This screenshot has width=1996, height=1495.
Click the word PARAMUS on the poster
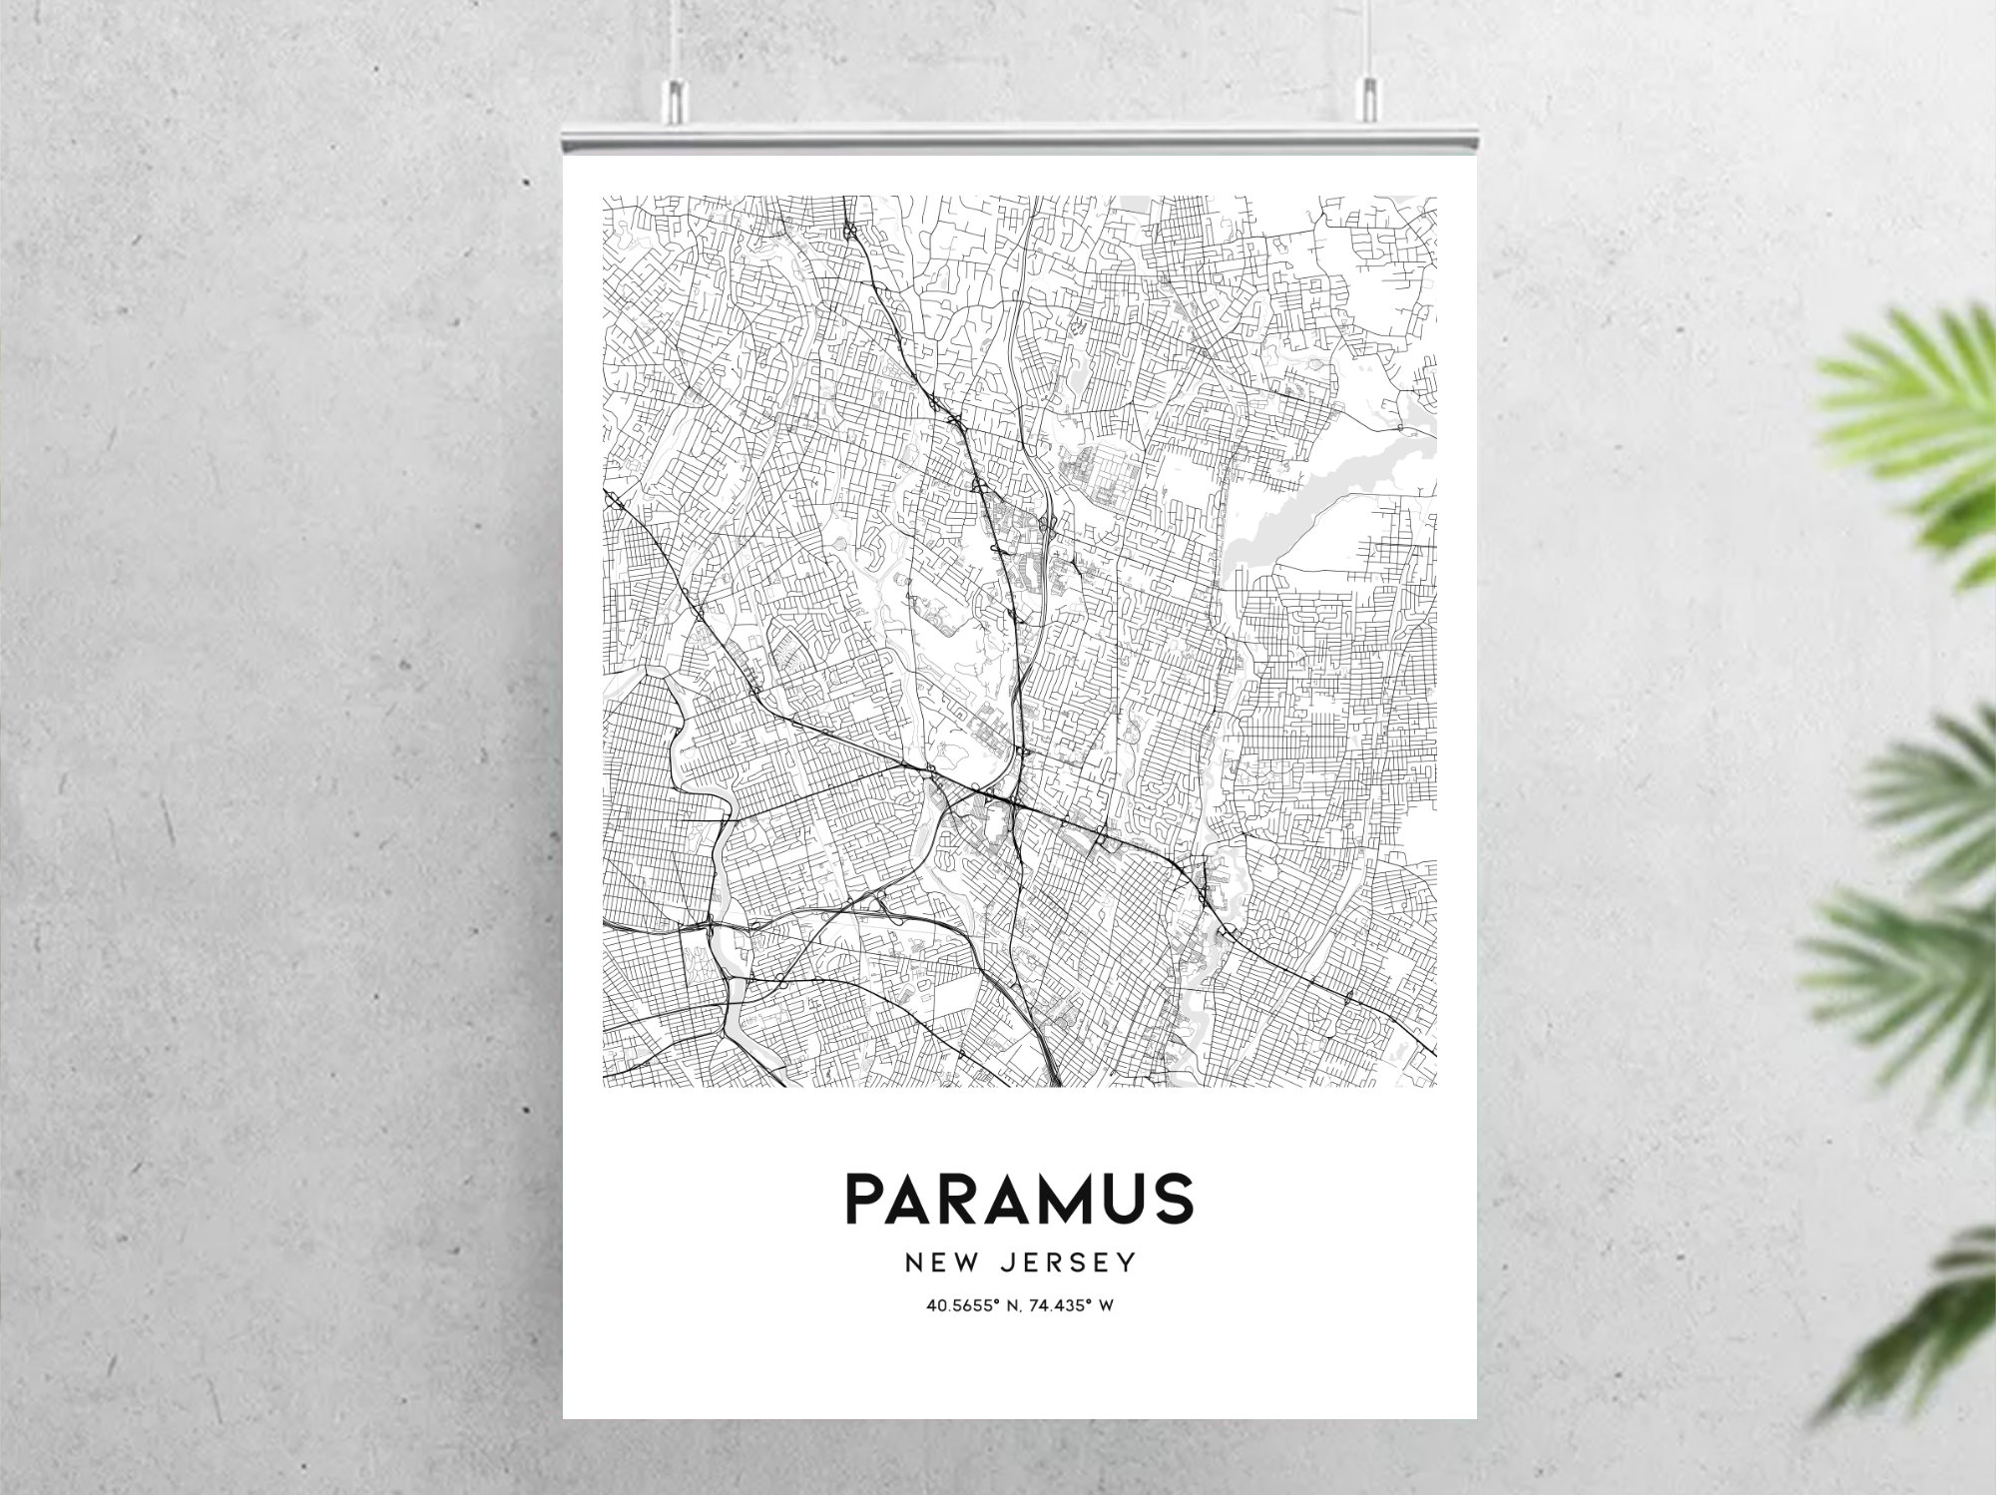click(x=1019, y=1198)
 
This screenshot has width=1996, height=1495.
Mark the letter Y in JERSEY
click(x=1128, y=1263)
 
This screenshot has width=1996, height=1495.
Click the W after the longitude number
click(x=1105, y=1305)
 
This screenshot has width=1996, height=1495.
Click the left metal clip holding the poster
click(x=677, y=100)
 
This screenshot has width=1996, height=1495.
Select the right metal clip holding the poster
click(x=1369, y=100)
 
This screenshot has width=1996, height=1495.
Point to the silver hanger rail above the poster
click(x=1019, y=140)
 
